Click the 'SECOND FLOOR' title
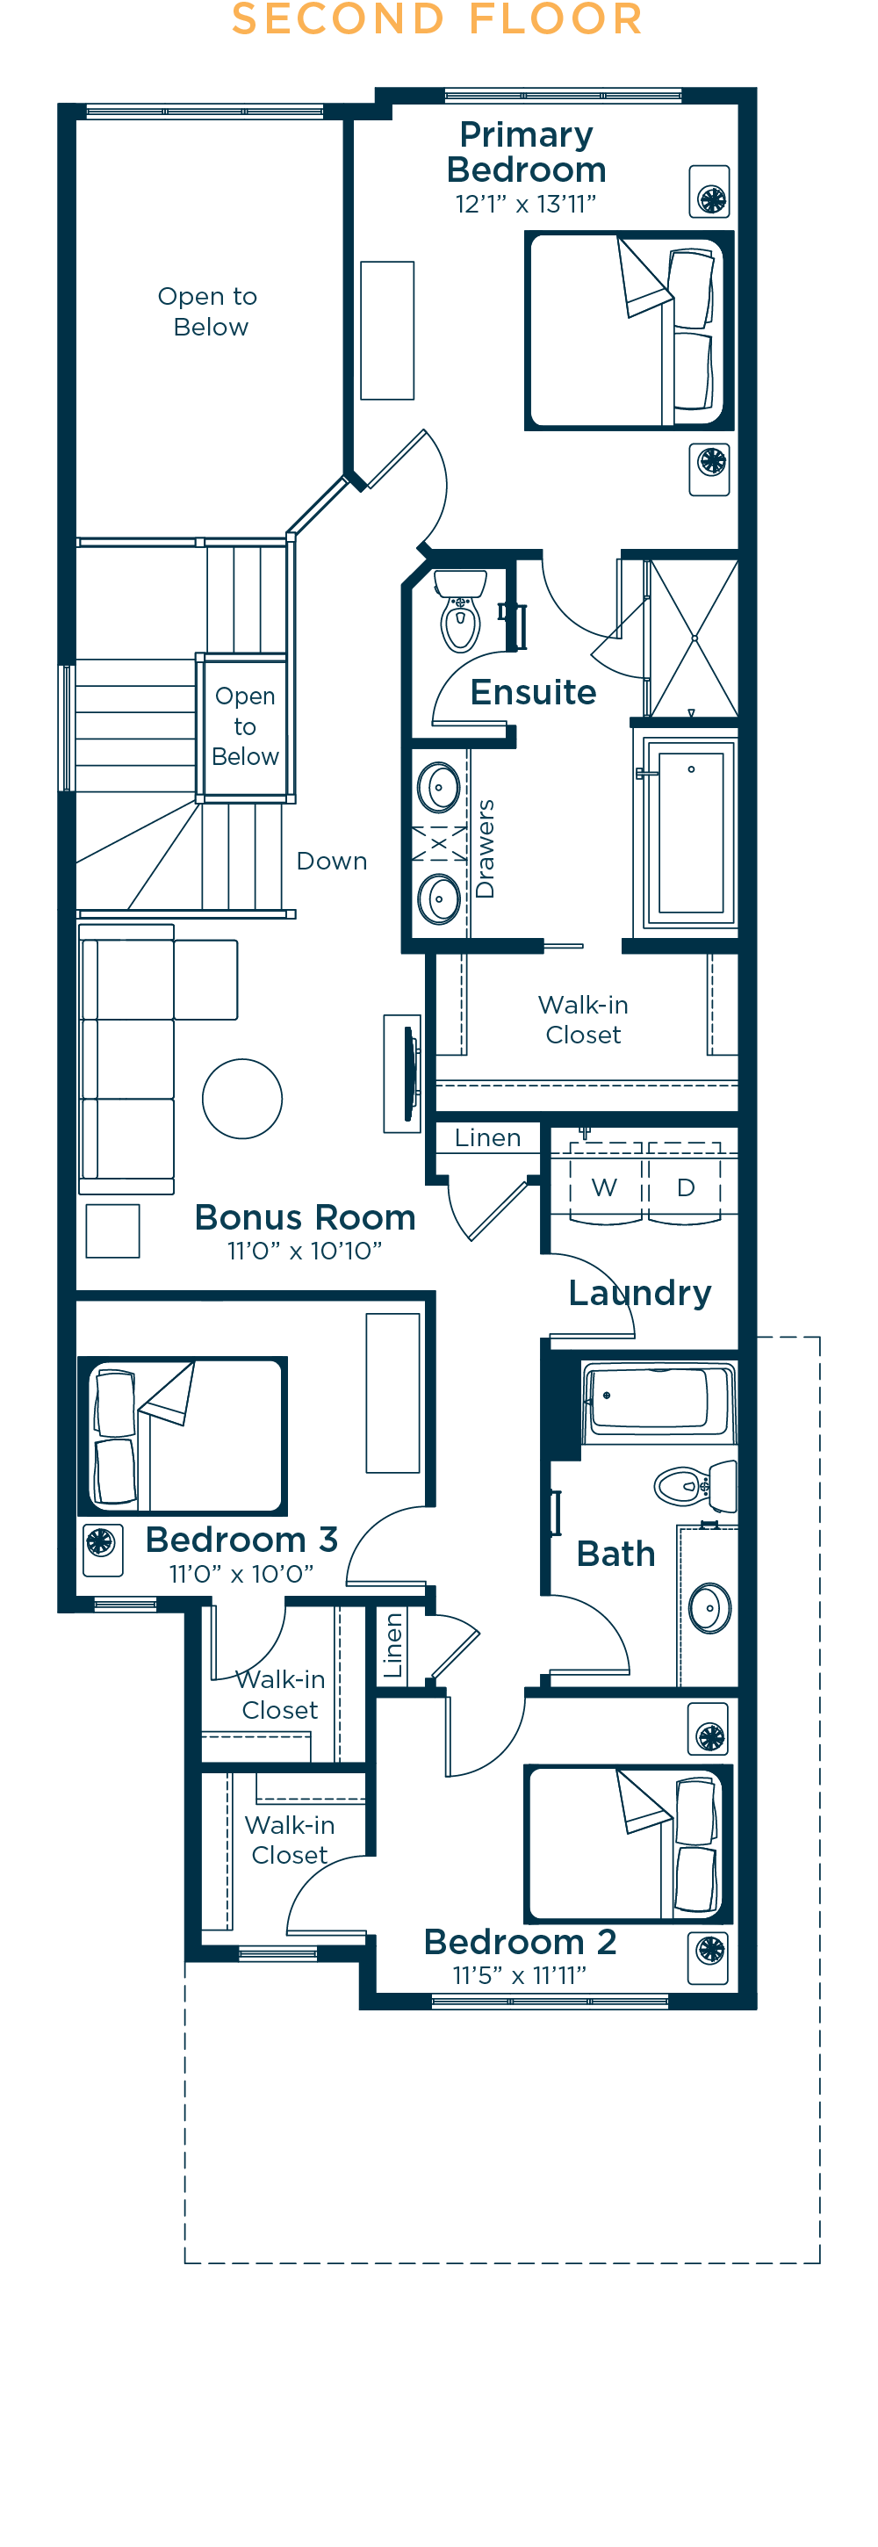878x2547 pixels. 437,18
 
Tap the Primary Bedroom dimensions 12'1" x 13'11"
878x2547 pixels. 525,204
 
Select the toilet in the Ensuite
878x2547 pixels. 461,610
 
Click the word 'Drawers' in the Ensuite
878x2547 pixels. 485,848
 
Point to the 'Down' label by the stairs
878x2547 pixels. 332,862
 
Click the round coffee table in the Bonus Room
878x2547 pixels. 242,1099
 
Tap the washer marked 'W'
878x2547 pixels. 605,1186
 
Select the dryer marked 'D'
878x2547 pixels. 684,1186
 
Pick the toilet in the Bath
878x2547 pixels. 695,1485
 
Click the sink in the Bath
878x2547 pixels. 710,1608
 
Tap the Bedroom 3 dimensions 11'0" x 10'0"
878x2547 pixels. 241,1573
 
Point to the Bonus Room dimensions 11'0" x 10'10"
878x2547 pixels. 305,1251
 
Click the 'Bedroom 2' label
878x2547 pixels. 520,1942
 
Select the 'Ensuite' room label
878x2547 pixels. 533,692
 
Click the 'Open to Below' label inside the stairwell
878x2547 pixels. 245,725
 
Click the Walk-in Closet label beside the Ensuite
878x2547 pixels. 583,1020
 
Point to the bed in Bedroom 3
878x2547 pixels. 183,1436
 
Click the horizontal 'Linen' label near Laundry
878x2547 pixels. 487,1138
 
